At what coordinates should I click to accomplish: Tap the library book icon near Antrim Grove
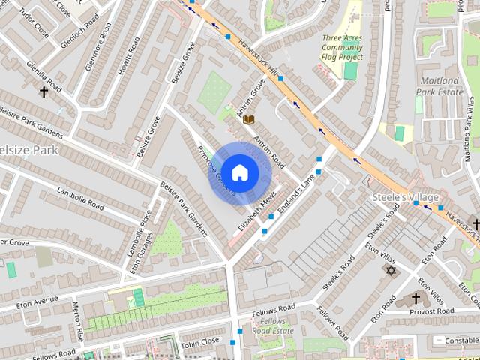249,119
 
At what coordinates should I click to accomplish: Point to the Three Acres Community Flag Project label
342,46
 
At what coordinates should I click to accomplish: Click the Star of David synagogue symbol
390,268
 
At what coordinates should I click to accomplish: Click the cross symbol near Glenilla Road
43,93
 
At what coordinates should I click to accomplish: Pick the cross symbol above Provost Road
417,298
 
